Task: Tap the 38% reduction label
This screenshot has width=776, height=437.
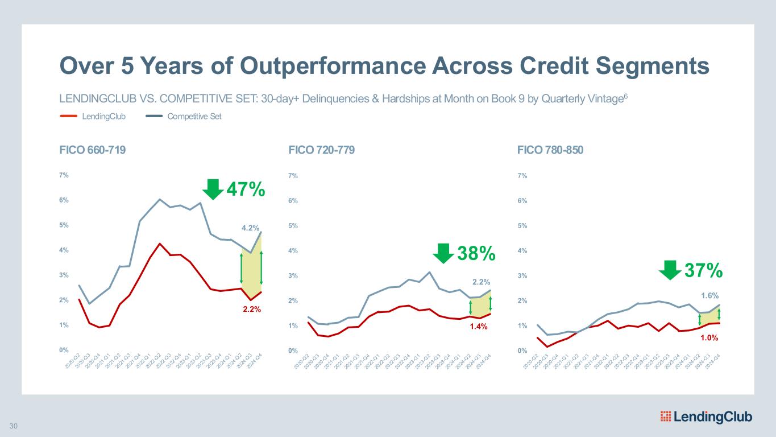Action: (x=476, y=254)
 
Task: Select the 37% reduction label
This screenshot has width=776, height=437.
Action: (x=703, y=271)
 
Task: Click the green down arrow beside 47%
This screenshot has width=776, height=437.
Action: (x=213, y=189)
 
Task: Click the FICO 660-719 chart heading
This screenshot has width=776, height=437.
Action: (x=93, y=150)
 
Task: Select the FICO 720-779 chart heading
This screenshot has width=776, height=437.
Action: (x=322, y=150)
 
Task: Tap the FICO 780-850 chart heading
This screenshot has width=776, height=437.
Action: (x=550, y=150)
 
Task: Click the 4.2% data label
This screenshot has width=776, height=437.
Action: (x=251, y=228)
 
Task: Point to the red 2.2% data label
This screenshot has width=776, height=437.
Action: (x=251, y=310)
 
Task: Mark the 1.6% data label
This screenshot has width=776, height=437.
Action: (x=709, y=295)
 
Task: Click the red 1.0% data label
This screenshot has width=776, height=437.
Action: (x=709, y=337)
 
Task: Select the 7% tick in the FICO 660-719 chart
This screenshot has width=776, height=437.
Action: (x=64, y=175)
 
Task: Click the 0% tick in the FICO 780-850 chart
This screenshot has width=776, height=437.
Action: (x=522, y=351)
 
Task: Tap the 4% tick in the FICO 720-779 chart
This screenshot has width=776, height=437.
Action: (x=293, y=250)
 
